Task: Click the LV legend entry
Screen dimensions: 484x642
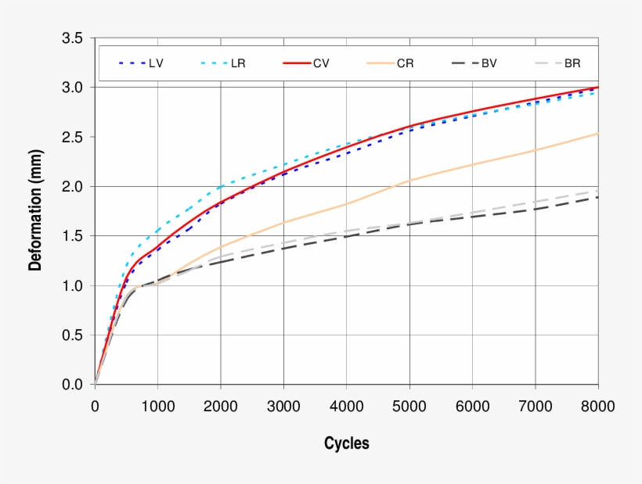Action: click(156, 63)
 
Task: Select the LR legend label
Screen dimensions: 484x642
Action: click(238, 63)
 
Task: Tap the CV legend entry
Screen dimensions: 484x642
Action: click(321, 63)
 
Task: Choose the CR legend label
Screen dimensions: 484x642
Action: click(405, 63)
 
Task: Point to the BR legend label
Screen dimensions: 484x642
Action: click(572, 63)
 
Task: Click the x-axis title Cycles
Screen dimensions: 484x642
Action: click(346, 443)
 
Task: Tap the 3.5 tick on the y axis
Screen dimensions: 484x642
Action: click(72, 38)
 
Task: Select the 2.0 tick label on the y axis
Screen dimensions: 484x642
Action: click(72, 186)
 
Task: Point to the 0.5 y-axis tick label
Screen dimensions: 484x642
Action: click(72, 335)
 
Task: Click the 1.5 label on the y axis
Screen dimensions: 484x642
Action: click(72, 236)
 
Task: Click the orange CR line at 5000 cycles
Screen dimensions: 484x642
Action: click(409, 180)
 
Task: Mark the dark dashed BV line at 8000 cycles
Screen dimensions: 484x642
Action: click(597, 197)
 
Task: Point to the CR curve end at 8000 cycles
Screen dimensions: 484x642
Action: click(597, 134)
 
